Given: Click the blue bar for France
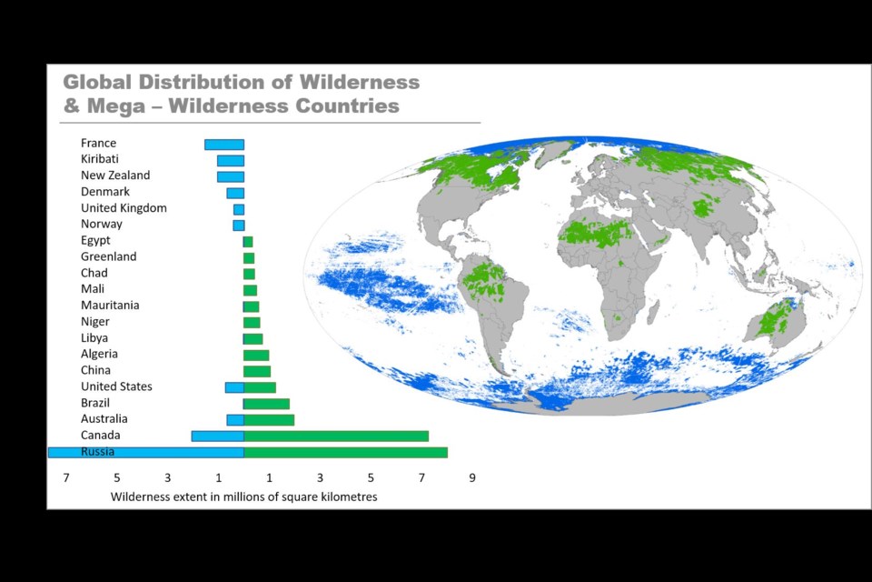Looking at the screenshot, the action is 224,145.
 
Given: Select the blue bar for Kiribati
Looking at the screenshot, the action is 231,161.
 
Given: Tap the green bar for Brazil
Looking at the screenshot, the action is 266,404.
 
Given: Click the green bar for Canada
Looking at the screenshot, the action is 336,436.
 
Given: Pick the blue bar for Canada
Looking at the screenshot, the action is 218,436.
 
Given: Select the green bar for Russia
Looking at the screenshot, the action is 345,452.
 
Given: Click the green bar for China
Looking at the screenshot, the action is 257,371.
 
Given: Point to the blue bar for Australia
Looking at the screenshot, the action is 235,420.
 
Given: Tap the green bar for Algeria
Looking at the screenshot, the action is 256,356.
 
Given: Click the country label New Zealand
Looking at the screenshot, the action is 115,176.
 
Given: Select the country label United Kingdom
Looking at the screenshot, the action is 124,208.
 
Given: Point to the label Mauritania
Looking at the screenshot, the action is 110,306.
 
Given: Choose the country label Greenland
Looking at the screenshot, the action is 108,256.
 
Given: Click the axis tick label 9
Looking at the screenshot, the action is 472,477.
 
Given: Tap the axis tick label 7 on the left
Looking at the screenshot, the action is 66,477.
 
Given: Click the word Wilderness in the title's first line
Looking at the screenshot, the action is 360,82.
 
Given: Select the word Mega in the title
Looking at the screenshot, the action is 108,105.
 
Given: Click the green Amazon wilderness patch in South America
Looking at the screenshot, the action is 482,279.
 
